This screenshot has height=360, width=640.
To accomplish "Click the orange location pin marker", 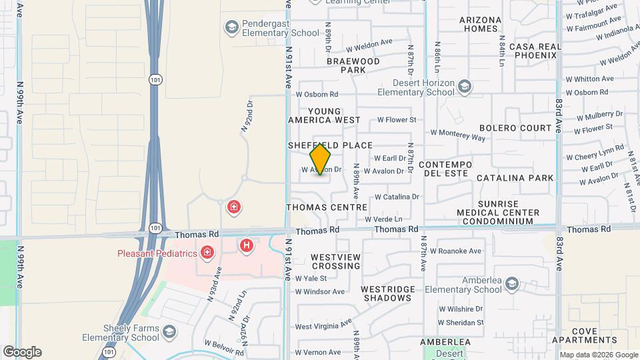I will click(320, 159).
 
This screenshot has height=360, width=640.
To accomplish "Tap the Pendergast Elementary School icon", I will click(231, 27).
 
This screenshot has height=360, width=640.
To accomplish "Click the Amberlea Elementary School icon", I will click(511, 284).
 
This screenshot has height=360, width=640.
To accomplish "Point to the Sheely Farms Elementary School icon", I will click(170, 332).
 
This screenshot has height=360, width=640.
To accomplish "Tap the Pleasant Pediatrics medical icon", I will click(207, 253).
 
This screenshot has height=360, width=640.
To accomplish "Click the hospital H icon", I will click(247, 246).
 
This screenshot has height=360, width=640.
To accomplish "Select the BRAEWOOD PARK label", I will click(353, 65).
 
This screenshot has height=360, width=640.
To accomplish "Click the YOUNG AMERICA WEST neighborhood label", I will click(323, 116).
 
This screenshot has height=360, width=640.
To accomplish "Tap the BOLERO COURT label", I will click(516, 127).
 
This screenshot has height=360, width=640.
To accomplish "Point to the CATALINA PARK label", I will click(515, 178).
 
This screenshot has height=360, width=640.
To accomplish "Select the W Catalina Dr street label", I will click(396, 197).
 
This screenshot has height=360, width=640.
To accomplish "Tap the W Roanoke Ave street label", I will click(455, 251).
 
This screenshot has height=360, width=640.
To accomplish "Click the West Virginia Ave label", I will click(323, 326).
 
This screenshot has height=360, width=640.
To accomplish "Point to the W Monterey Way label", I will click(458, 136).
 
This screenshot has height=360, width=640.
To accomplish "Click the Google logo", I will click(22, 352).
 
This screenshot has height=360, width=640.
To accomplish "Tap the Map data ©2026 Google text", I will click(598, 355).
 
